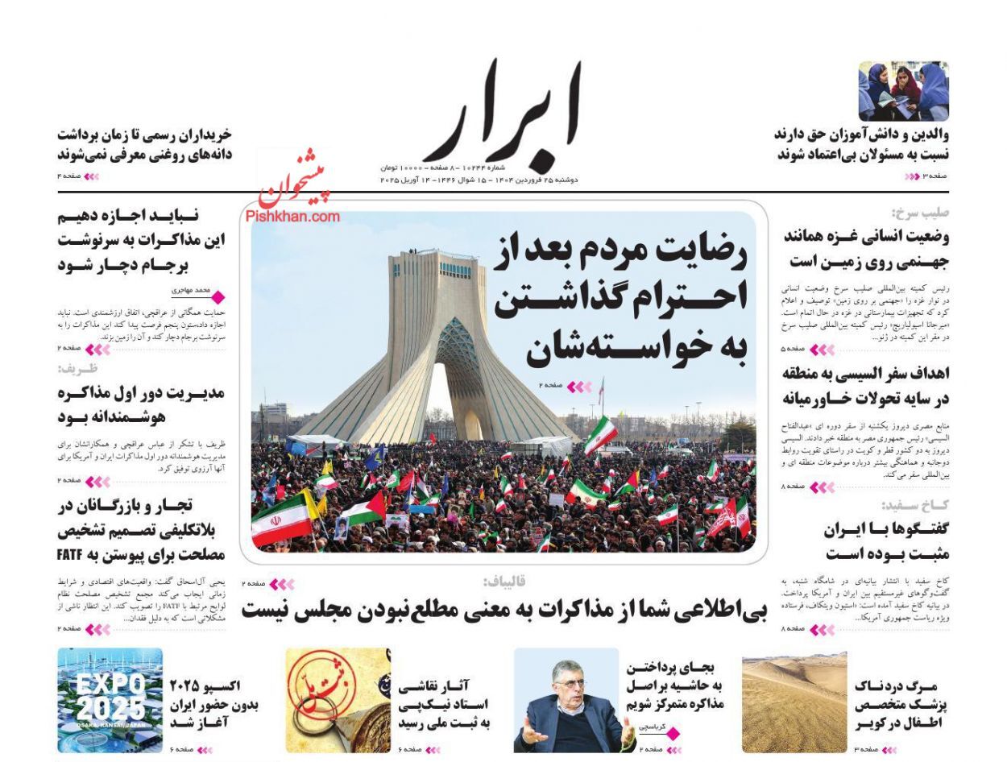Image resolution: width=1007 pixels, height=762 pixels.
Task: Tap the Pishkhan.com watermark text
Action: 292,216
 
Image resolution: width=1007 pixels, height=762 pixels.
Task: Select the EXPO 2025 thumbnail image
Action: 110,700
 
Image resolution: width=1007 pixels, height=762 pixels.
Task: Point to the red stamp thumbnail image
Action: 338,700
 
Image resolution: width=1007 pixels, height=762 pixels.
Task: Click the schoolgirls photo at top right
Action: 903,91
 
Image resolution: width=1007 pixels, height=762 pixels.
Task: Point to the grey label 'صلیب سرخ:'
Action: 920,213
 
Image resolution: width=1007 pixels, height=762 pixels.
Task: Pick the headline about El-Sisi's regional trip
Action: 866,386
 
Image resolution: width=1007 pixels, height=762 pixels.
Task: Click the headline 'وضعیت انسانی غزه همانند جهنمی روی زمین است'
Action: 866,249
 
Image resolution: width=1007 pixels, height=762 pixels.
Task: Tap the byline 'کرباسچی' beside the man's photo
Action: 652,726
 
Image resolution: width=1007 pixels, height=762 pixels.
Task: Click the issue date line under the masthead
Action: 479,180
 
